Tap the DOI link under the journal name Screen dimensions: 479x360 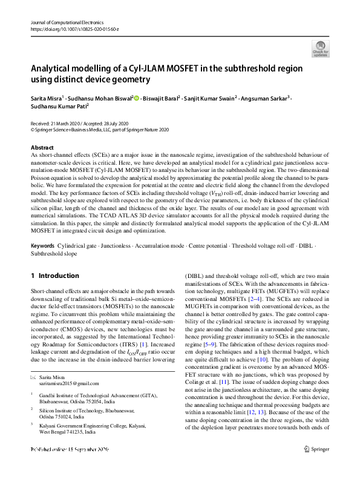pos(70,28)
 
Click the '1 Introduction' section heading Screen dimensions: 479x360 pos(54,276)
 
